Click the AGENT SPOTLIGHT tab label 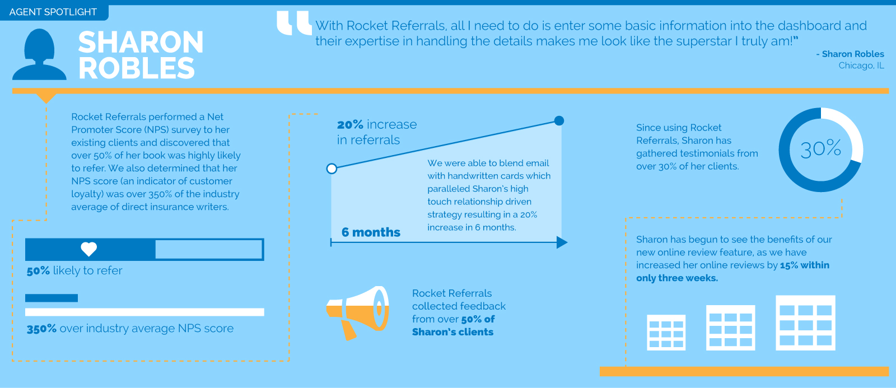(x=53, y=12)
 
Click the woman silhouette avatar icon (x=39, y=54)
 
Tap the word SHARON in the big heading (x=141, y=43)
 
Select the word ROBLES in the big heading (x=137, y=68)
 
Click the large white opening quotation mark (x=294, y=23)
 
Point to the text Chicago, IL (x=861, y=65)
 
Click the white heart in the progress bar (x=89, y=249)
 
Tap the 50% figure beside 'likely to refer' (x=39, y=271)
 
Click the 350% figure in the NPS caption (x=41, y=329)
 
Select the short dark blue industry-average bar (x=51, y=298)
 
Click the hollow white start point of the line (x=332, y=169)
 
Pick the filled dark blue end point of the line (x=559, y=120)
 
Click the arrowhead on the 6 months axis (x=562, y=242)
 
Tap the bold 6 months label (x=371, y=232)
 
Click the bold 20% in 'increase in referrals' (x=350, y=124)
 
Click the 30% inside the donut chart (x=821, y=149)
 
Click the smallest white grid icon (x=666, y=333)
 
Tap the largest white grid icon (x=805, y=323)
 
